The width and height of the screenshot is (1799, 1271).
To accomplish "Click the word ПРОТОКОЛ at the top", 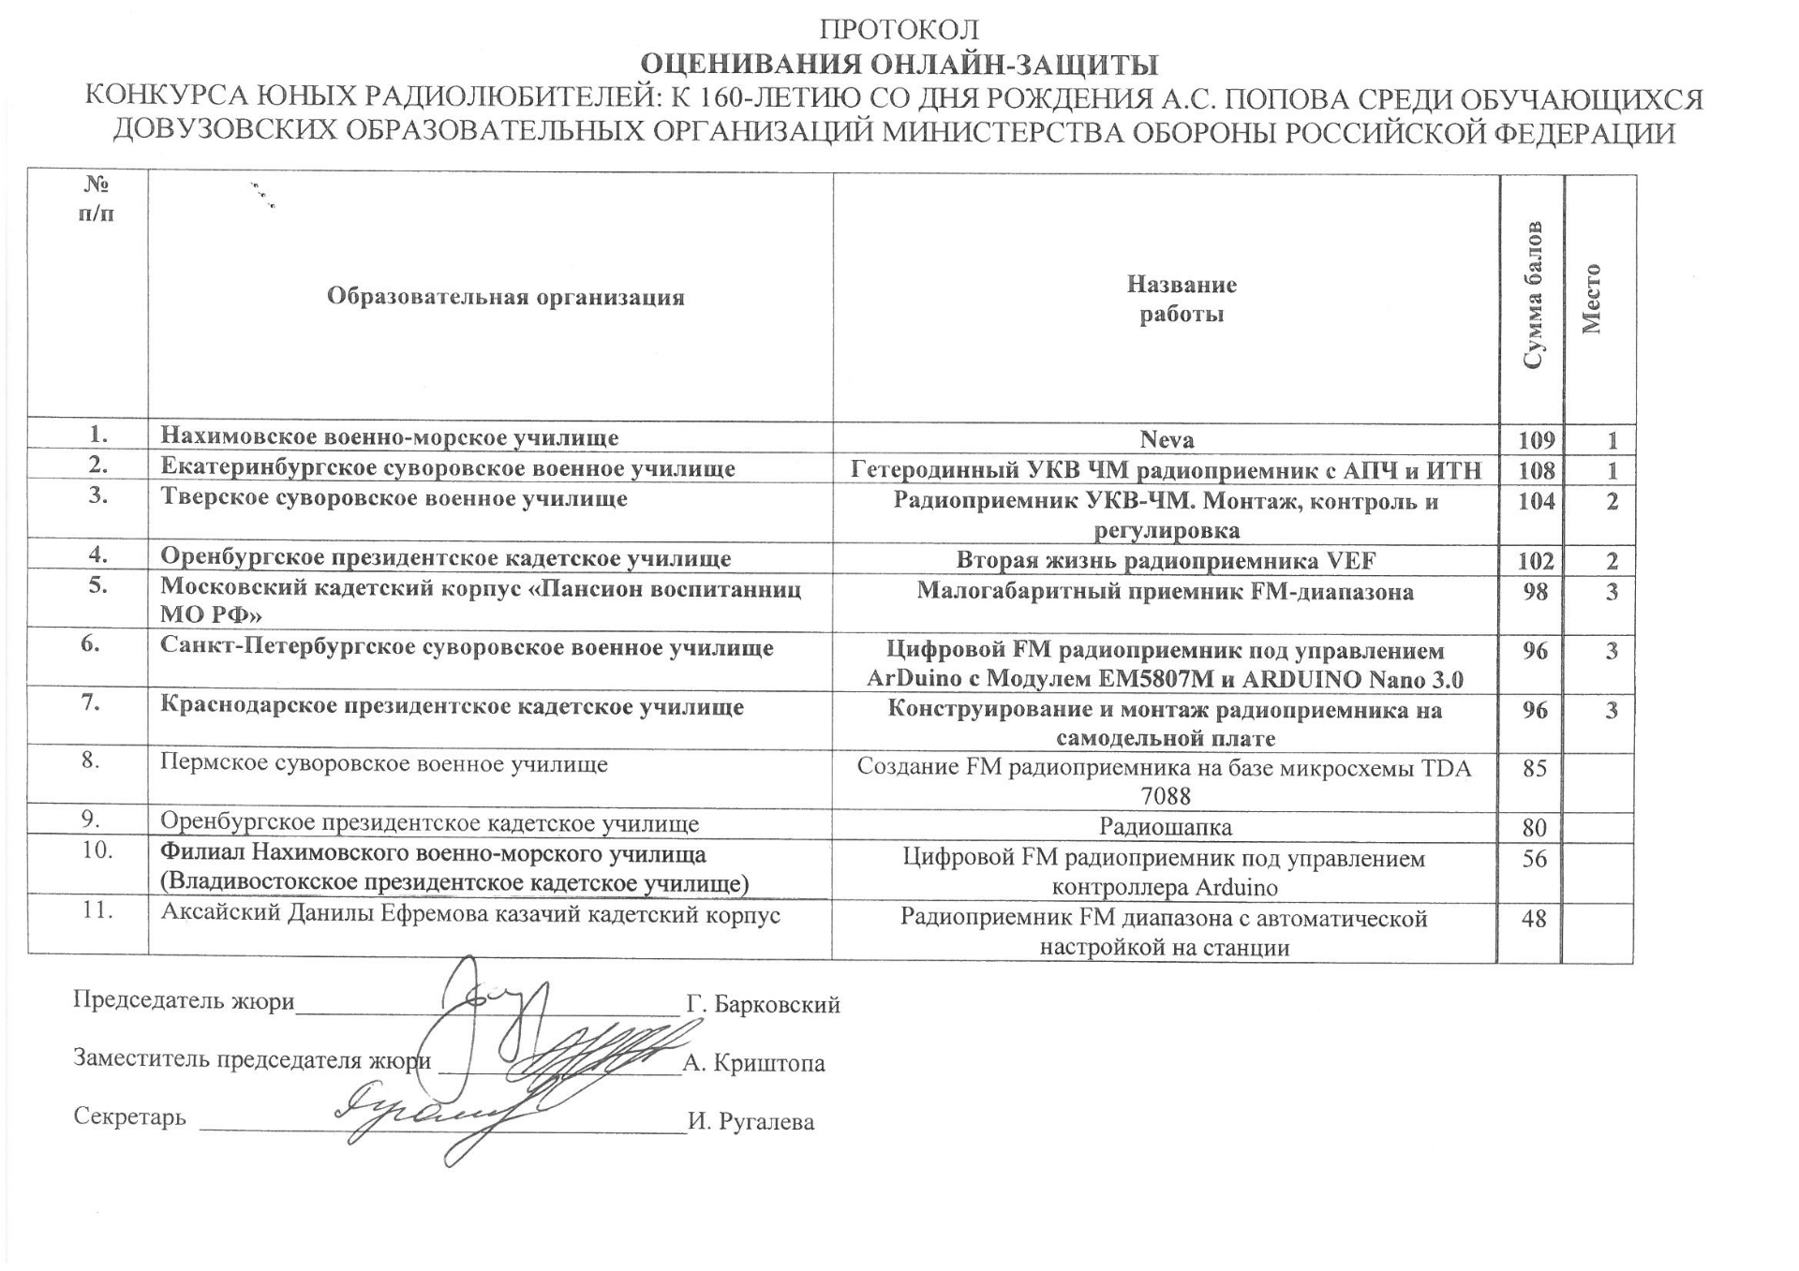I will (x=899, y=30).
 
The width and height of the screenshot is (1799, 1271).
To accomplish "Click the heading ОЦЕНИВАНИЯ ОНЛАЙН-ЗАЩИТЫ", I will (x=899, y=65).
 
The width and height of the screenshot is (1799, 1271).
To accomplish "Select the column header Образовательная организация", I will (x=505, y=298).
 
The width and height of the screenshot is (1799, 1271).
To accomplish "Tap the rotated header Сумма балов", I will (x=1531, y=296).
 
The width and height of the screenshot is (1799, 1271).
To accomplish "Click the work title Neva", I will (x=1167, y=439).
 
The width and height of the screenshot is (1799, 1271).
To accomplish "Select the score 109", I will (x=1536, y=439).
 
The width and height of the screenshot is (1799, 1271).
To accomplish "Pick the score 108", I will (x=1536, y=470).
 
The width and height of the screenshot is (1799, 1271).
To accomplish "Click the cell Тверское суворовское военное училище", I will (x=394, y=498).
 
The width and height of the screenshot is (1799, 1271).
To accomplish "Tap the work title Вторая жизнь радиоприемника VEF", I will (x=1167, y=561).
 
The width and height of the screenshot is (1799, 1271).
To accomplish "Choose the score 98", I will (x=1535, y=592).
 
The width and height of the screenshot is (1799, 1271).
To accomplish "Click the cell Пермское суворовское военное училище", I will (x=384, y=764).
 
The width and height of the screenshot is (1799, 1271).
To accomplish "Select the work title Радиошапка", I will (x=1166, y=827).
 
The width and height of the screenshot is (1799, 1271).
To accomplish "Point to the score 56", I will (x=1535, y=858).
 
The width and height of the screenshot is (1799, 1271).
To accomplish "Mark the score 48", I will (x=1534, y=918).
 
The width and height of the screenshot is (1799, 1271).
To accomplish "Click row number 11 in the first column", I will (x=97, y=909).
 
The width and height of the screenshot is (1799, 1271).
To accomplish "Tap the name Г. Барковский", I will (x=763, y=1005).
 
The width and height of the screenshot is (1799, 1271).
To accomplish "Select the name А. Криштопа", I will (x=754, y=1063).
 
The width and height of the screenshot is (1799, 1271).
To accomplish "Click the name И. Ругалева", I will (x=751, y=1122).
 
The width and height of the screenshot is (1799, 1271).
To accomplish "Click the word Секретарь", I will (x=129, y=1117).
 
